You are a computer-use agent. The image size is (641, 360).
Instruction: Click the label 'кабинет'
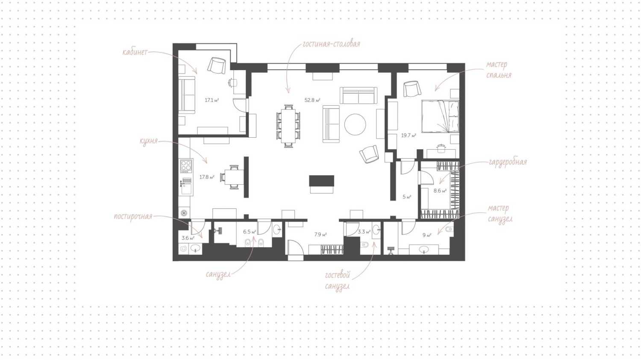point(135,52)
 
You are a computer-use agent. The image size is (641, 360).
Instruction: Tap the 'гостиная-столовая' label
point(331,44)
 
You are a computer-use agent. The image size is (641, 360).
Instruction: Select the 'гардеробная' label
point(508,162)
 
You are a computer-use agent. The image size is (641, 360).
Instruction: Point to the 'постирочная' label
point(133,216)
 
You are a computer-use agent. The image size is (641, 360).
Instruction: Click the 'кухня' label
point(149,141)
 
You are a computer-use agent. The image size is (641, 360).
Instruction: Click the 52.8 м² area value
point(312,100)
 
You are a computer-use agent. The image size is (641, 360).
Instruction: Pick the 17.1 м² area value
point(212,100)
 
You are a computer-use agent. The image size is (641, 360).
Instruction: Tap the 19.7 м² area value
point(409,136)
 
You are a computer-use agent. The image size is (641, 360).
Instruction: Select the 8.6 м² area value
point(440,190)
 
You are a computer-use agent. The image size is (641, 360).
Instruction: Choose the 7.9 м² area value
point(320,235)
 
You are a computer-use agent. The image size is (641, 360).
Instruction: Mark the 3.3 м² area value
point(364,232)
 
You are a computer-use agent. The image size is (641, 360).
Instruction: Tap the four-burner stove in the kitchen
point(186,166)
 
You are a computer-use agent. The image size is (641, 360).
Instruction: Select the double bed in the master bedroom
point(441,116)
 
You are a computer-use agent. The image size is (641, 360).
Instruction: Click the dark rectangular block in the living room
point(322,180)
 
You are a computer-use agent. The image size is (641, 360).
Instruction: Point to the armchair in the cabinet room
point(217,65)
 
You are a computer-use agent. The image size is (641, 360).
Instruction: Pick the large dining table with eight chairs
point(288,126)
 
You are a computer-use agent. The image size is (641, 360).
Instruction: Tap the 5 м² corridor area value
point(407,197)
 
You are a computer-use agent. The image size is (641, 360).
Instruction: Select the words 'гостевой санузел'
point(338,280)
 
